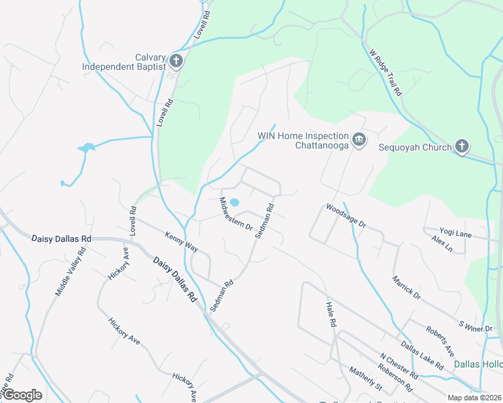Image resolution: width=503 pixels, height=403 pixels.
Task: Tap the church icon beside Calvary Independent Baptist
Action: pos(176,62)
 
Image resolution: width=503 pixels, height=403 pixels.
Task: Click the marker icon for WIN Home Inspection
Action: pos(359,139)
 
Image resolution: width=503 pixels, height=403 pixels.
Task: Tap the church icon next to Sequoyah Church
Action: pos(461,146)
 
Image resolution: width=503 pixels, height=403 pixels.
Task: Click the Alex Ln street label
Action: pos(442,243)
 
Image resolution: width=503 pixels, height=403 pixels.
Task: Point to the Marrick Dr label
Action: pos(406,287)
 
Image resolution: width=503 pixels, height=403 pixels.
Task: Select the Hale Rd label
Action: pos(330,314)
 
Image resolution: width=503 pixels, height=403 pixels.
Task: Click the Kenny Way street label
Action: pos(182,242)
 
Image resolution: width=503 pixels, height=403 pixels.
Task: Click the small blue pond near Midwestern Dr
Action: pos(235,202)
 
